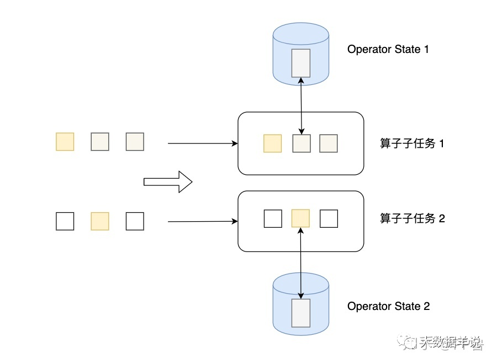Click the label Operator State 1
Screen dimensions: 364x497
click(x=388, y=49)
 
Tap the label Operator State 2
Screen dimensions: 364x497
click(x=388, y=306)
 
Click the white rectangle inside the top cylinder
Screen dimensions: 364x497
click(x=301, y=62)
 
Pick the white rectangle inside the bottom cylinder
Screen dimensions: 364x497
click(x=301, y=313)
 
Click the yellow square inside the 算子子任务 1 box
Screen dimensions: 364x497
click(x=272, y=143)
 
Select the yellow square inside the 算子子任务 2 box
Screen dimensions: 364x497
click(x=300, y=218)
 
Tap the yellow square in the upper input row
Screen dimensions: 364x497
click(x=65, y=142)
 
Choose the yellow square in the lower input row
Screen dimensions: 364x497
click(x=100, y=221)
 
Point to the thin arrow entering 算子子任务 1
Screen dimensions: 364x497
click(x=202, y=143)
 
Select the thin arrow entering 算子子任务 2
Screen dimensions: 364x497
click(x=202, y=222)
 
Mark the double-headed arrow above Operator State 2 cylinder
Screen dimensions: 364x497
click(x=301, y=259)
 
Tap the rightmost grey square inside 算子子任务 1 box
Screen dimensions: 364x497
click(x=329, y=143)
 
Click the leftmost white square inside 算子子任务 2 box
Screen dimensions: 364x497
click(x=273, y=218)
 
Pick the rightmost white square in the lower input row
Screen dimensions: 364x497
click(x=135, y=221)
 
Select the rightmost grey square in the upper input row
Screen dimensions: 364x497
click(x=135, y=142)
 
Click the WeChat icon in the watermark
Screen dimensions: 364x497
click(x=410, y=344)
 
